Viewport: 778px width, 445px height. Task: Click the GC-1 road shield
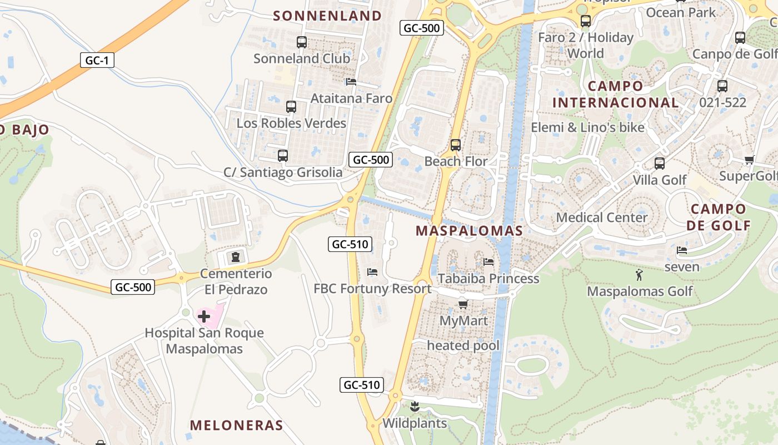97,60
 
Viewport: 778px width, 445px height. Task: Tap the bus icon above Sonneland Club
301,42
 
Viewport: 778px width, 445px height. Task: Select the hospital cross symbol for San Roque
204,317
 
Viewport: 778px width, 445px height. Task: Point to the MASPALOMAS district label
470,231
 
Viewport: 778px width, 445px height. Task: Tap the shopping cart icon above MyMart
463,304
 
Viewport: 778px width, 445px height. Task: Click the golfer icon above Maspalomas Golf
639,275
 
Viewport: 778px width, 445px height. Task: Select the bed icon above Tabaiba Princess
488,261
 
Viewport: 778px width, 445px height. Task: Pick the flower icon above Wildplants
414,407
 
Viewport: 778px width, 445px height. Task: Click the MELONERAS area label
237,426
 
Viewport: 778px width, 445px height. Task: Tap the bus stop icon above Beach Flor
456,145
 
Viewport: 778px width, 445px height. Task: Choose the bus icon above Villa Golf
660,164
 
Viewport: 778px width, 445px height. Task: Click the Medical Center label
602,217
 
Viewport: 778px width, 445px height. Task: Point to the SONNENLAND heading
328,16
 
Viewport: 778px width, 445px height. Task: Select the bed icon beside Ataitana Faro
351,82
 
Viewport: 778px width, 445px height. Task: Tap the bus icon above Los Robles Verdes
291,107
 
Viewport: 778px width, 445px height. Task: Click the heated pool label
463,345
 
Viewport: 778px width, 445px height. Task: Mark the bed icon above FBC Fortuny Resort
372,272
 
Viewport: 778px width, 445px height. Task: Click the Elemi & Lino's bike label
587,127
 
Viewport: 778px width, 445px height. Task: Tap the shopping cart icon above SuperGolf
749,160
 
